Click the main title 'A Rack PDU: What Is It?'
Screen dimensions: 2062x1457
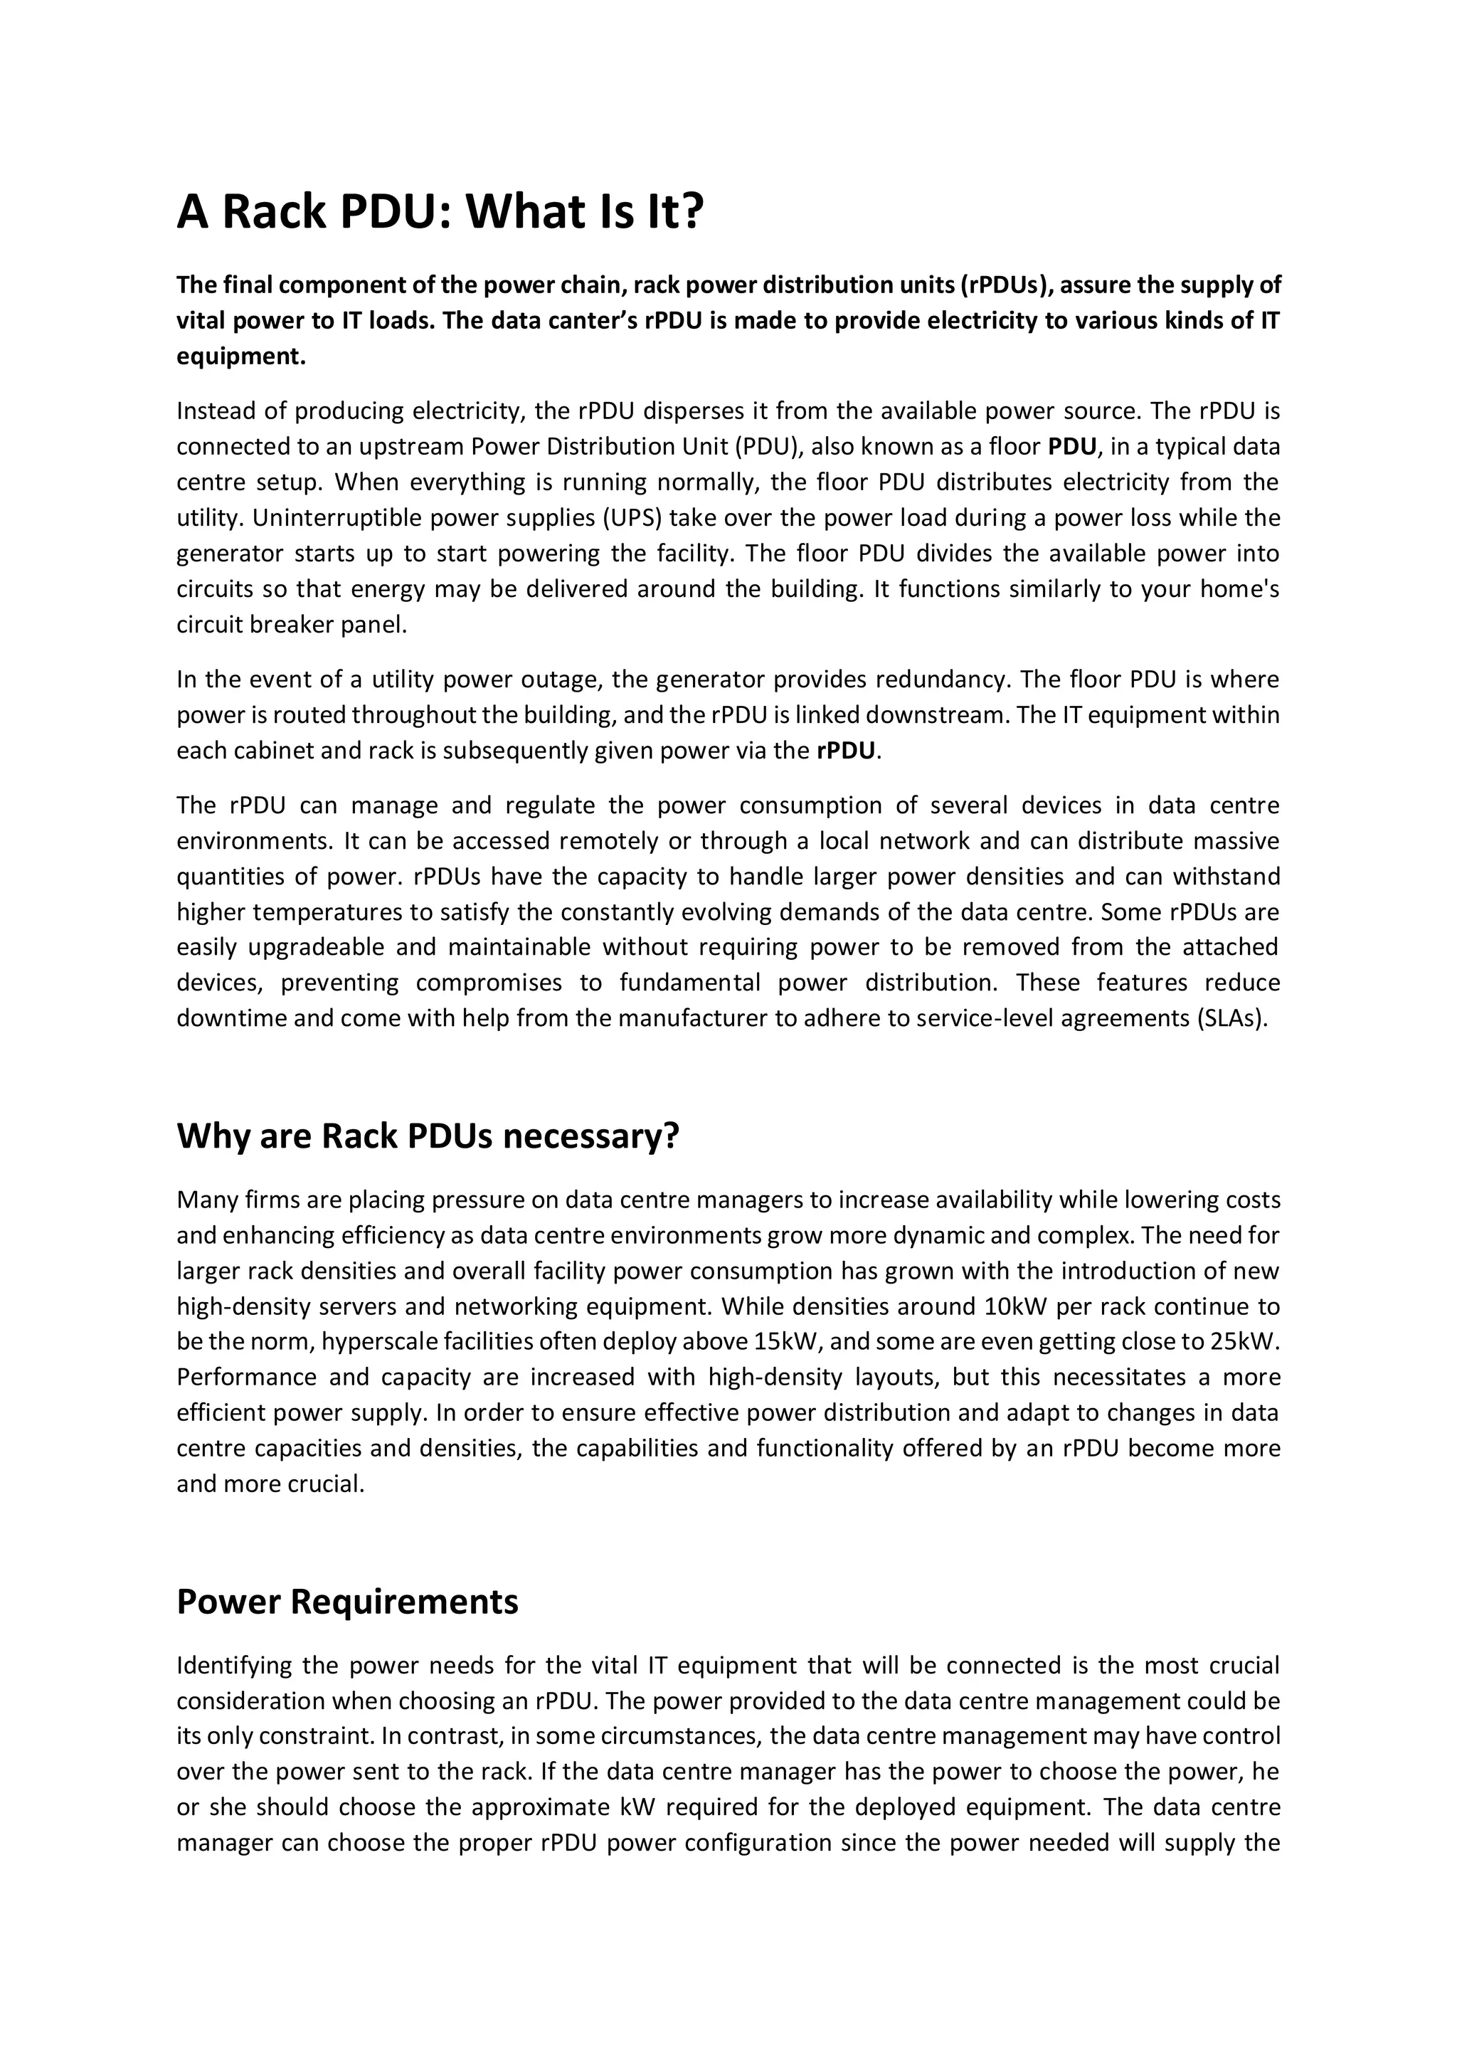click(440, 212)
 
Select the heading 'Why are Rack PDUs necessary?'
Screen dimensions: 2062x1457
click(428, 1136)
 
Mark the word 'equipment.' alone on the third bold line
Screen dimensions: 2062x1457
click(240, 356)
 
